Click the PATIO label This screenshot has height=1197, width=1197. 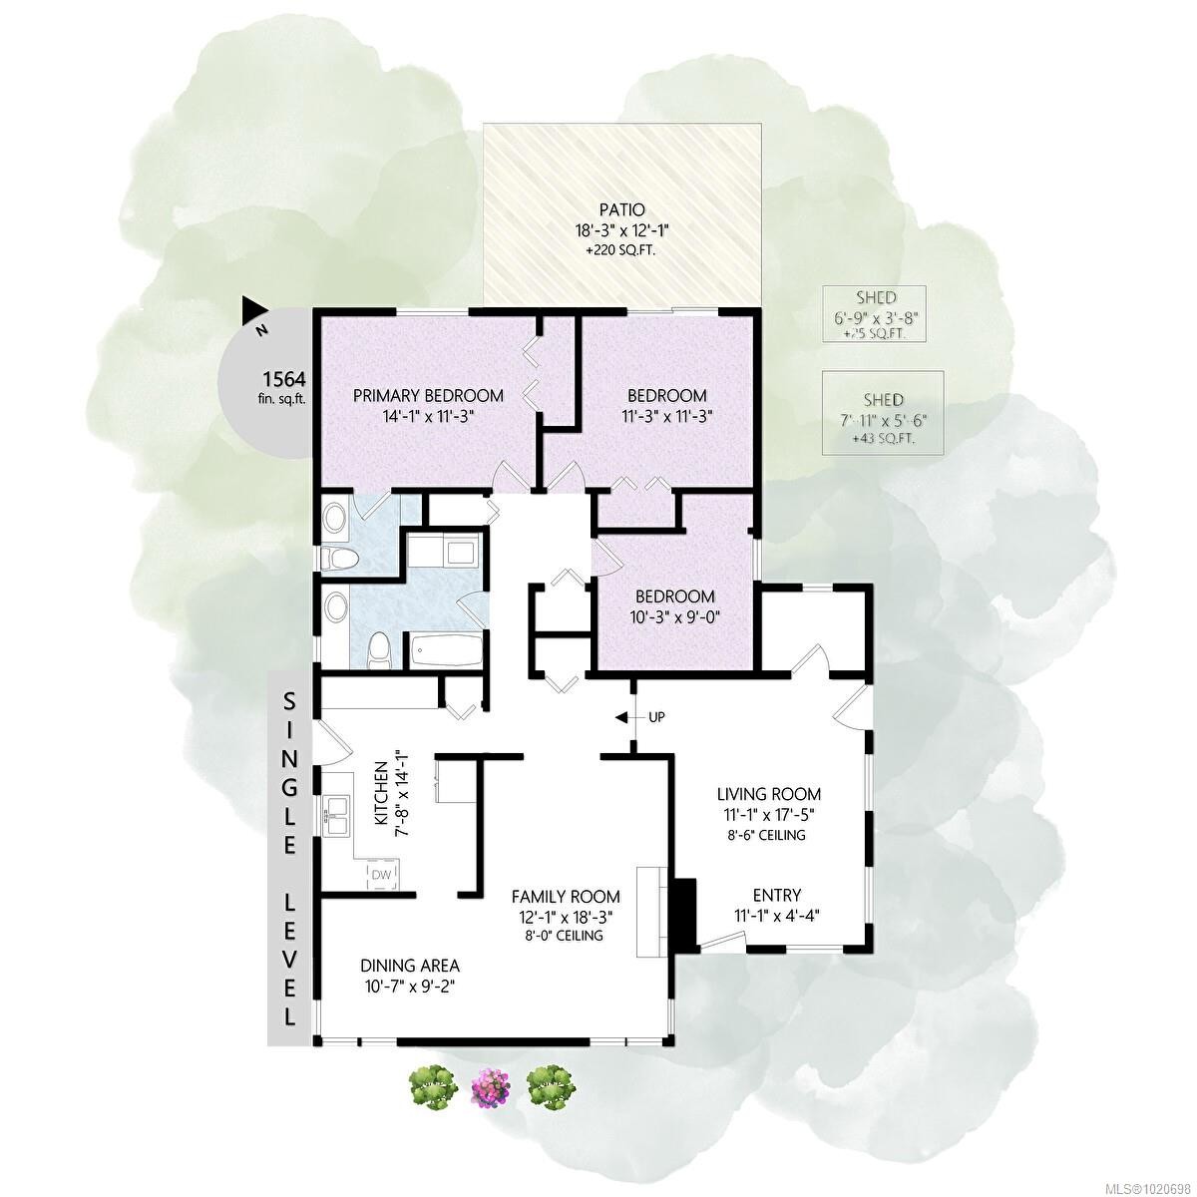click(x=621, y=210)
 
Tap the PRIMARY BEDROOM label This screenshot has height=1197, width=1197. click(x=428, y=396)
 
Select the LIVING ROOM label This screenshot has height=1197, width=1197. click(x=769, y=794)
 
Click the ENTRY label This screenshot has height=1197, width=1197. click(x=776, y=895)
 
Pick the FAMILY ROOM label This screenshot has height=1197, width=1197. click(x=566, y=897)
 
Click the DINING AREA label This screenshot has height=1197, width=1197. click(x=410, y=966)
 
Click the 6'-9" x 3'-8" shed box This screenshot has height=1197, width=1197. click(x=874, y=314)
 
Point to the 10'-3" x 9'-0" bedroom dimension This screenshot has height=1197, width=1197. click(x=675, y=617)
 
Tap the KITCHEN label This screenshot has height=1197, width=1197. click(x=380, y=794)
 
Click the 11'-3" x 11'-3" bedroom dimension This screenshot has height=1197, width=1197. click(x=667, y=417)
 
